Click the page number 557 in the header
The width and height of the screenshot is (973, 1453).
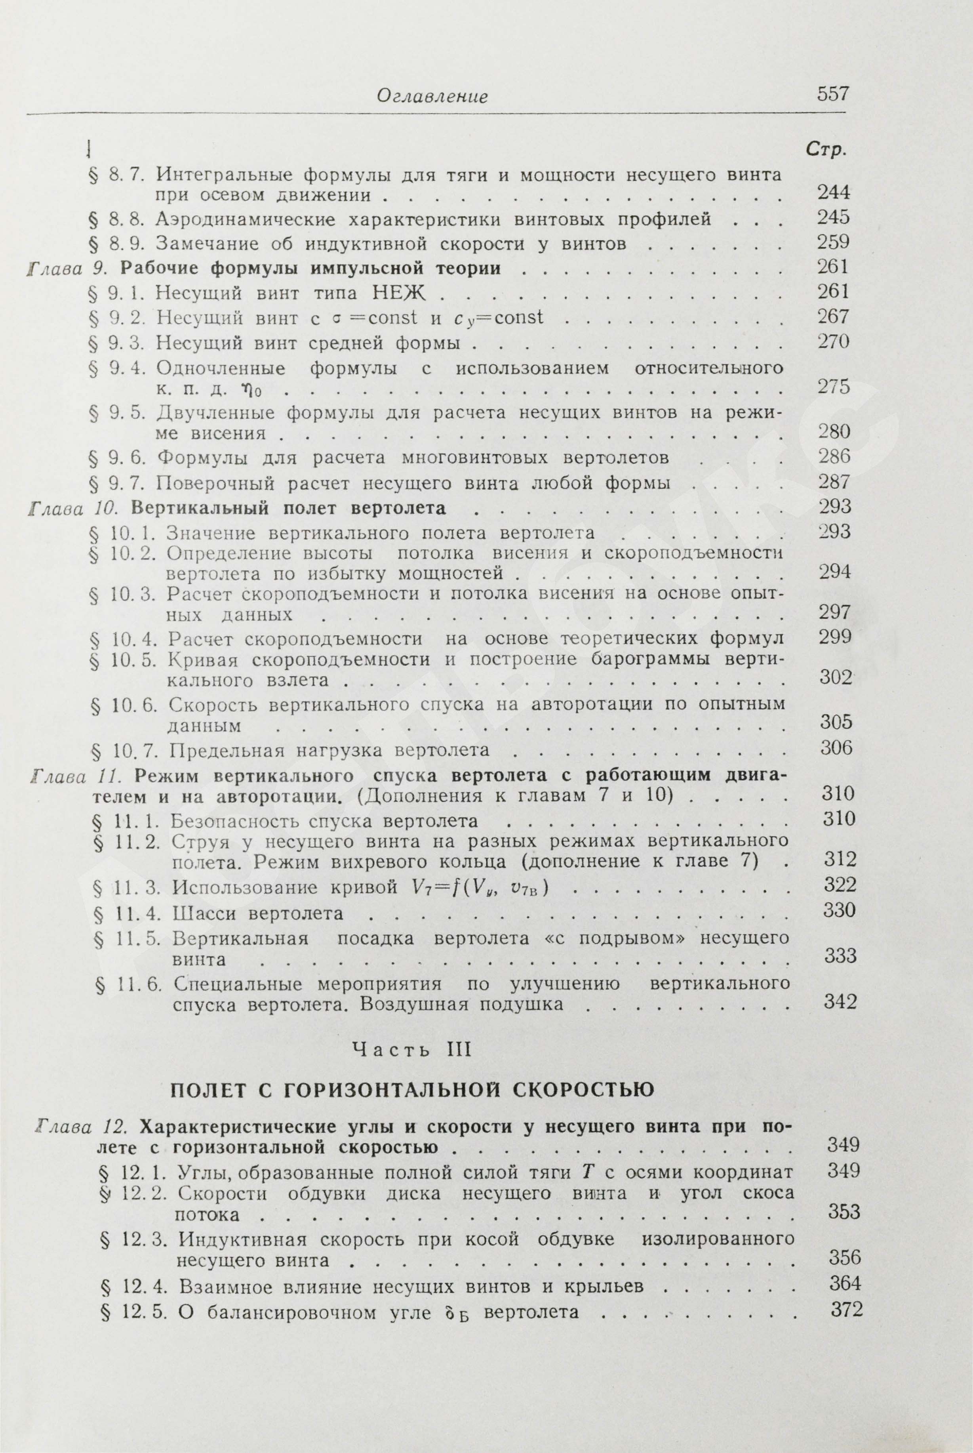(832, 94)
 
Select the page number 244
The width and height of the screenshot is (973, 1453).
(833, 193)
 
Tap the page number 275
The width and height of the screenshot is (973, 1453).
(833, 387)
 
